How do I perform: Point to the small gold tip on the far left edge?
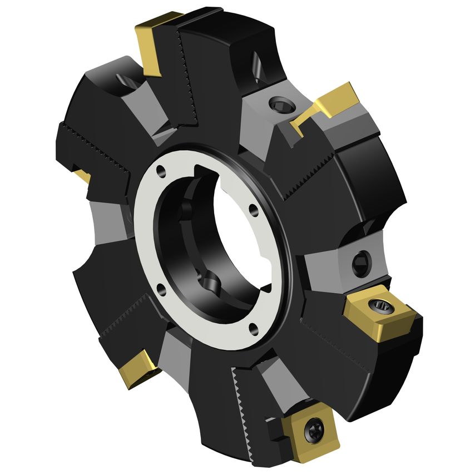(x=83, y=176)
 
